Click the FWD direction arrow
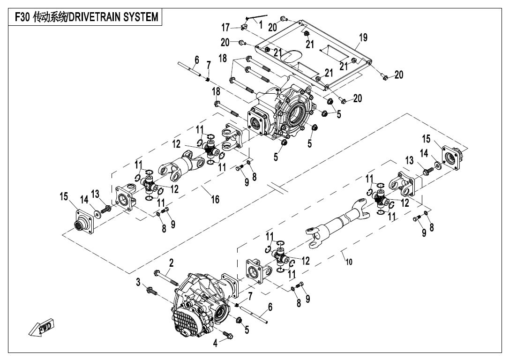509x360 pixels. (41, 327)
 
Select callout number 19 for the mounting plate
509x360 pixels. (363, 37)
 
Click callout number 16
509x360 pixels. (215, 200)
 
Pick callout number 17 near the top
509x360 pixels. (225, 27)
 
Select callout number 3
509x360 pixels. (138, 282)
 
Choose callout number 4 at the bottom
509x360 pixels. (216, 343)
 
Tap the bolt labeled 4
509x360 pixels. (228, 335)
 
